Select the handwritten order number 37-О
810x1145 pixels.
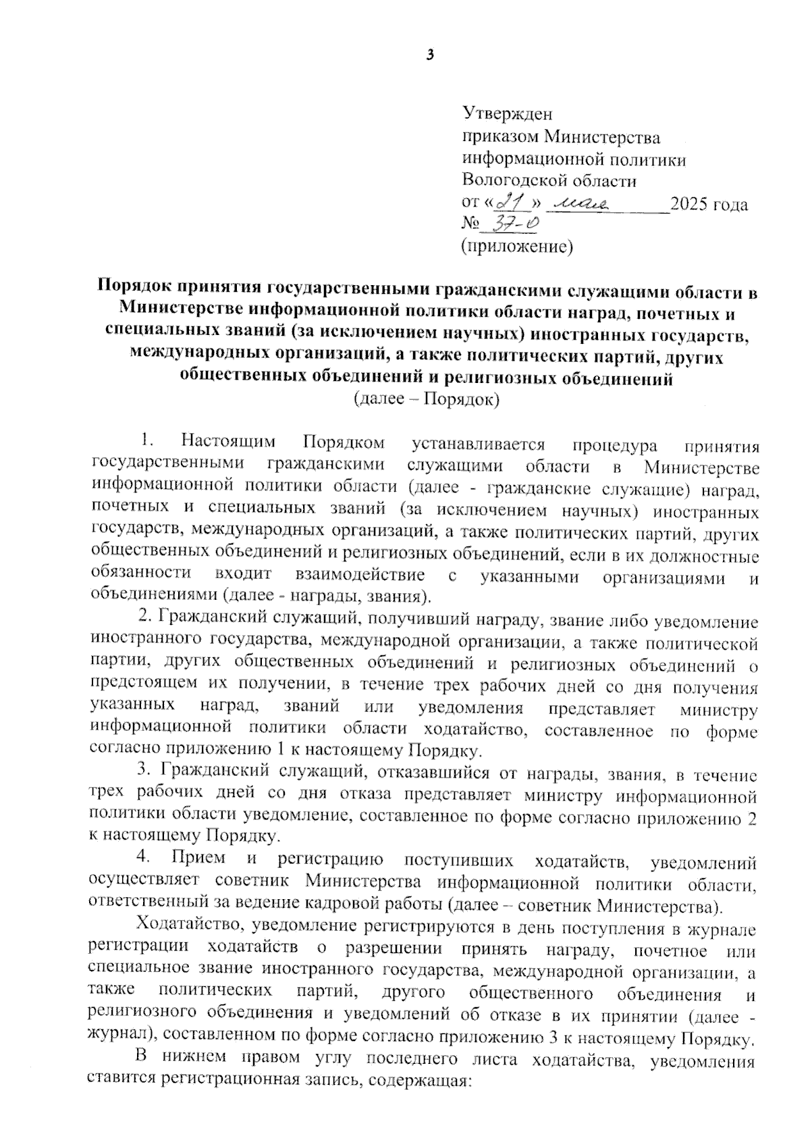tap(513, 224)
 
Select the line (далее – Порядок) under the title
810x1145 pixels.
tap(427, 400)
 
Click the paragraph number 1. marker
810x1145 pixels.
tap(146, 443)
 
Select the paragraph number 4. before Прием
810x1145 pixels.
tap(144, 859)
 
